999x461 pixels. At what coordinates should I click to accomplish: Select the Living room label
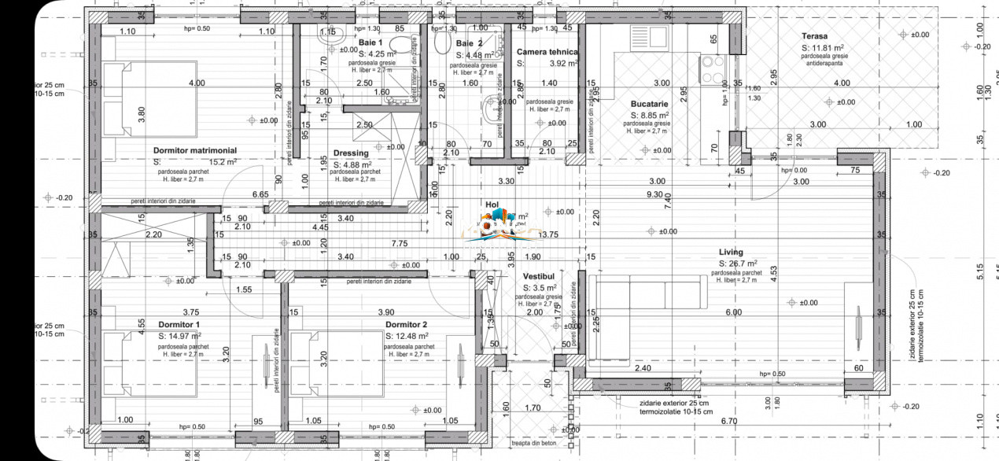731,252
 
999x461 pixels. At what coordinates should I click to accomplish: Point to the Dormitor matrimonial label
195,150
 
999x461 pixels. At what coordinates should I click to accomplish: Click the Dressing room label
351,153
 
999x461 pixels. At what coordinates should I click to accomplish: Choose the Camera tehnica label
547,52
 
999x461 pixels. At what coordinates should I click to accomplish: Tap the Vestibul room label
539,277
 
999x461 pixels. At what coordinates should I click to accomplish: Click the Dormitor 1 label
179,324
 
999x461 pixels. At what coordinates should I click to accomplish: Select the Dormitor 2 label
406,324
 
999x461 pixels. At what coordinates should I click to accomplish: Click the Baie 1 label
370,42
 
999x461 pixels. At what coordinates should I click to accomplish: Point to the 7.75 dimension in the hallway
400,244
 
